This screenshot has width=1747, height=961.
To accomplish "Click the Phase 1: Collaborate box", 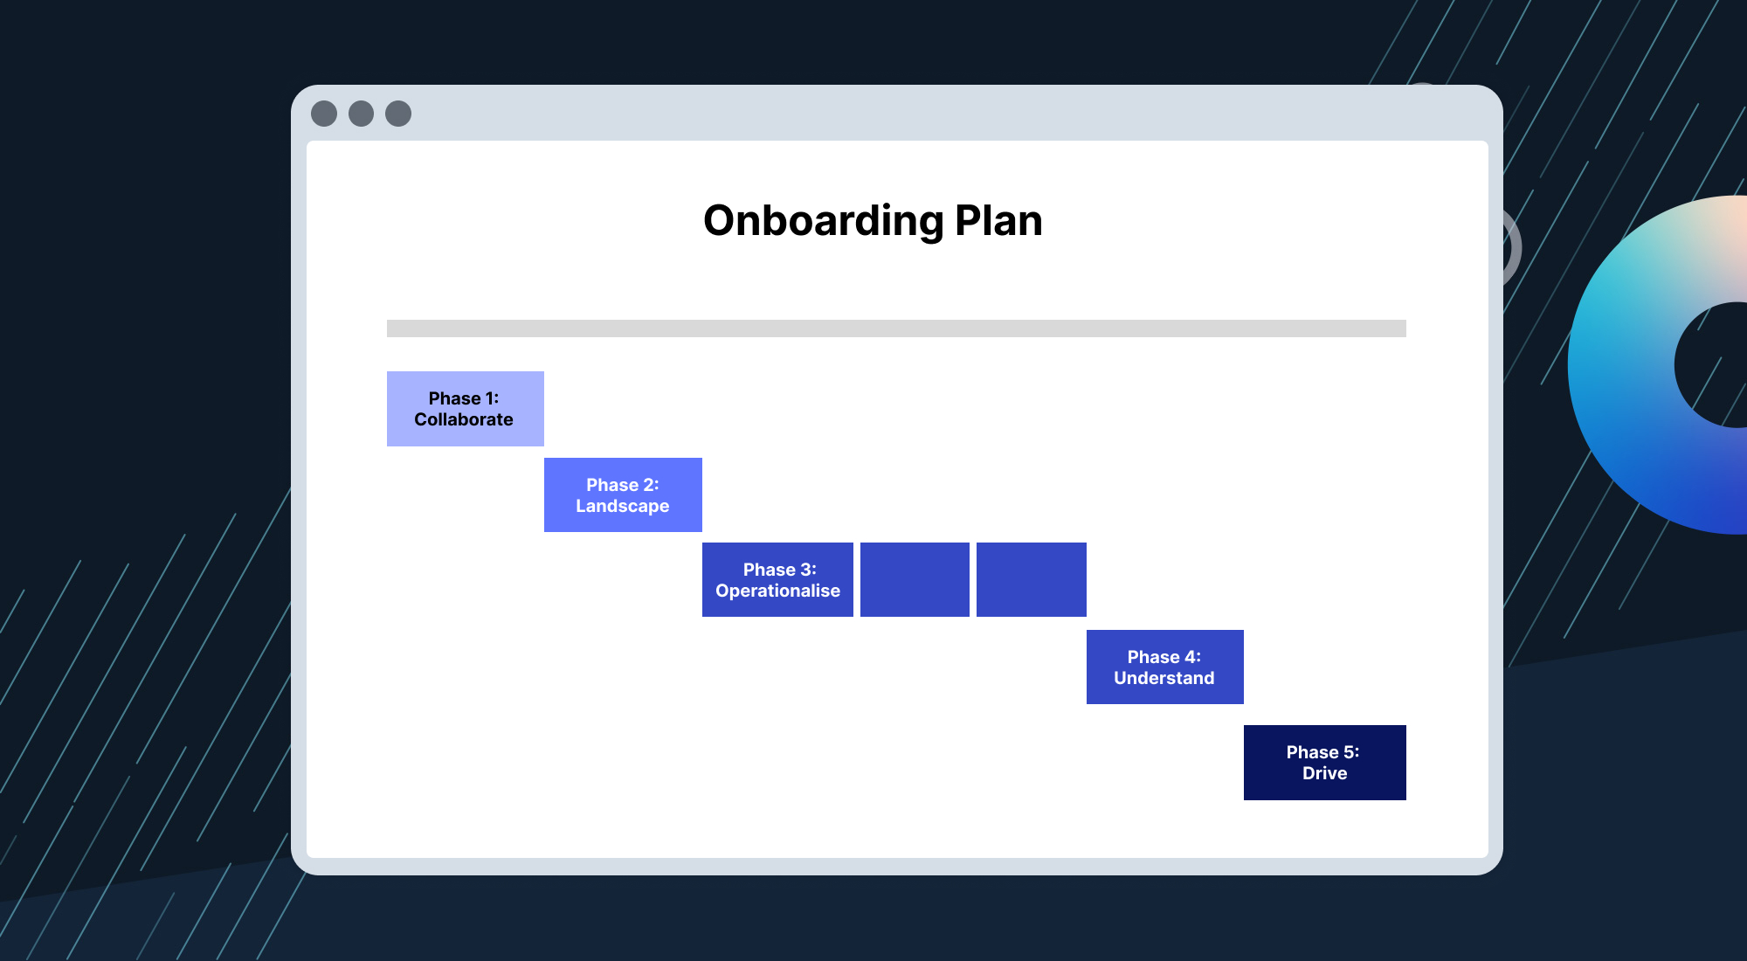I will coord(465,408).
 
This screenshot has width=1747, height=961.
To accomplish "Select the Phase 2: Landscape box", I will coord(622,494).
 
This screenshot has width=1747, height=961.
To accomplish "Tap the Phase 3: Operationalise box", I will coord(777,579).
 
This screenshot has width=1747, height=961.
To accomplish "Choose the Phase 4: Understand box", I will coord(1164,667).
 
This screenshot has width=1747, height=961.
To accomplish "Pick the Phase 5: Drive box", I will coord(1324,762).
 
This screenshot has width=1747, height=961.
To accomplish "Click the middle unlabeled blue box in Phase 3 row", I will coord(915,579).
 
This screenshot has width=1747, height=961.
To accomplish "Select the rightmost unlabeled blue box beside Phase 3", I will coord(1031,579).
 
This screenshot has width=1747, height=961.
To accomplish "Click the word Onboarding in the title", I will coord(823,221).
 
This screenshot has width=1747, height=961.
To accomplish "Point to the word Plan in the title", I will coord(998,221).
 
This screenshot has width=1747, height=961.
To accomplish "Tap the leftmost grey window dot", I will coord(324,114).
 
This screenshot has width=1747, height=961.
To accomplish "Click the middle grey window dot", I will coord(361,114).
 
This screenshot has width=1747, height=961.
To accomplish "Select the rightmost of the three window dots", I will coord(398,114).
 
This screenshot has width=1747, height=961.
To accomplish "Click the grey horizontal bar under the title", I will coord(896,328).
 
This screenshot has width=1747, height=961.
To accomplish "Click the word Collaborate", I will coord(464,420).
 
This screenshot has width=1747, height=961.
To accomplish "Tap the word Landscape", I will coord(622,507).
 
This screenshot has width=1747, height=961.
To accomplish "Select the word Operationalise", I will coord(777,591).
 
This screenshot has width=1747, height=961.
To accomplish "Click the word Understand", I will coord(1164,679).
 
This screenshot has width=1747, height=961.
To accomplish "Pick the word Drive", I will coord(1324,774).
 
